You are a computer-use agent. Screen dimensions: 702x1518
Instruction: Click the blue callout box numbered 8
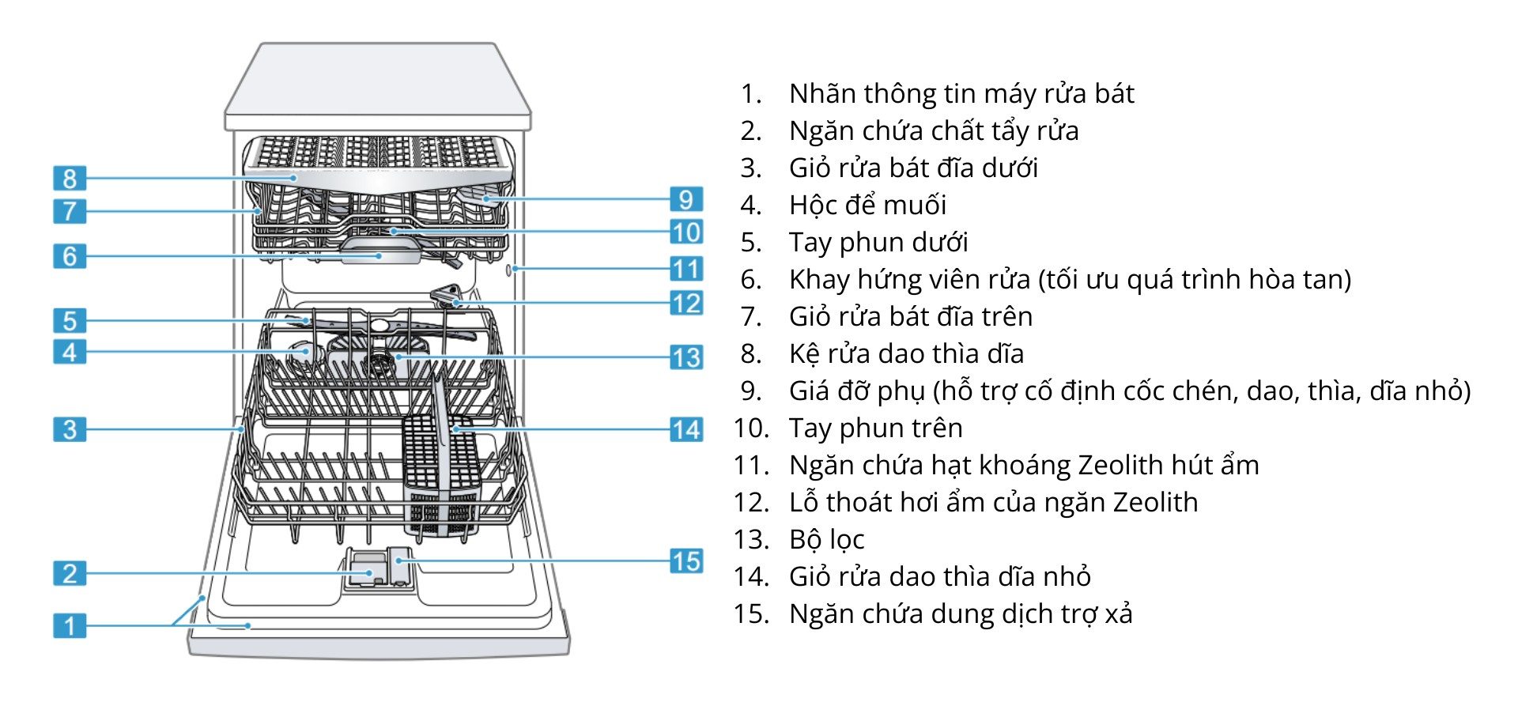[70, 178]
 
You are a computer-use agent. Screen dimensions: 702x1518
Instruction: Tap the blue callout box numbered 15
[686, 561]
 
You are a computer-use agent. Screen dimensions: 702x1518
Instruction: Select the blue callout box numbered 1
[70, 625]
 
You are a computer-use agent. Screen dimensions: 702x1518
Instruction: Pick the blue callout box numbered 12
[686, 303]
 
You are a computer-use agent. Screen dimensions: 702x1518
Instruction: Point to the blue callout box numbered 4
[70, 352]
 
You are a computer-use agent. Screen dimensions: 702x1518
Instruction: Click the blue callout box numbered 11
[686, 269]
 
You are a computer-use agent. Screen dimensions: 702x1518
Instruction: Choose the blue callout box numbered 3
[70, 429]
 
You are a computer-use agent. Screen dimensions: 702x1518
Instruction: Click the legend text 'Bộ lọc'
[826, 539]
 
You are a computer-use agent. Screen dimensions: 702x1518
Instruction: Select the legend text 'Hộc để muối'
[867, 205]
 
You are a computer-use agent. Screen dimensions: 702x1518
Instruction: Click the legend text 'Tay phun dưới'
[878, 242]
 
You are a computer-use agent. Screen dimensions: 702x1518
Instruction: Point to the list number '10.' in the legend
[750, 428]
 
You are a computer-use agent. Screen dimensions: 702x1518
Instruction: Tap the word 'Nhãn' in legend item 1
[822, 93]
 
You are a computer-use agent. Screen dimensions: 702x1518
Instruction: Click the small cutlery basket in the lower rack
[441, 474]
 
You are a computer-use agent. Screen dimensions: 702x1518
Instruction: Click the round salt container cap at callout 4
[300, 351]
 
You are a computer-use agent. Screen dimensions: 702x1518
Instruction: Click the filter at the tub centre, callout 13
[381, 364]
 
